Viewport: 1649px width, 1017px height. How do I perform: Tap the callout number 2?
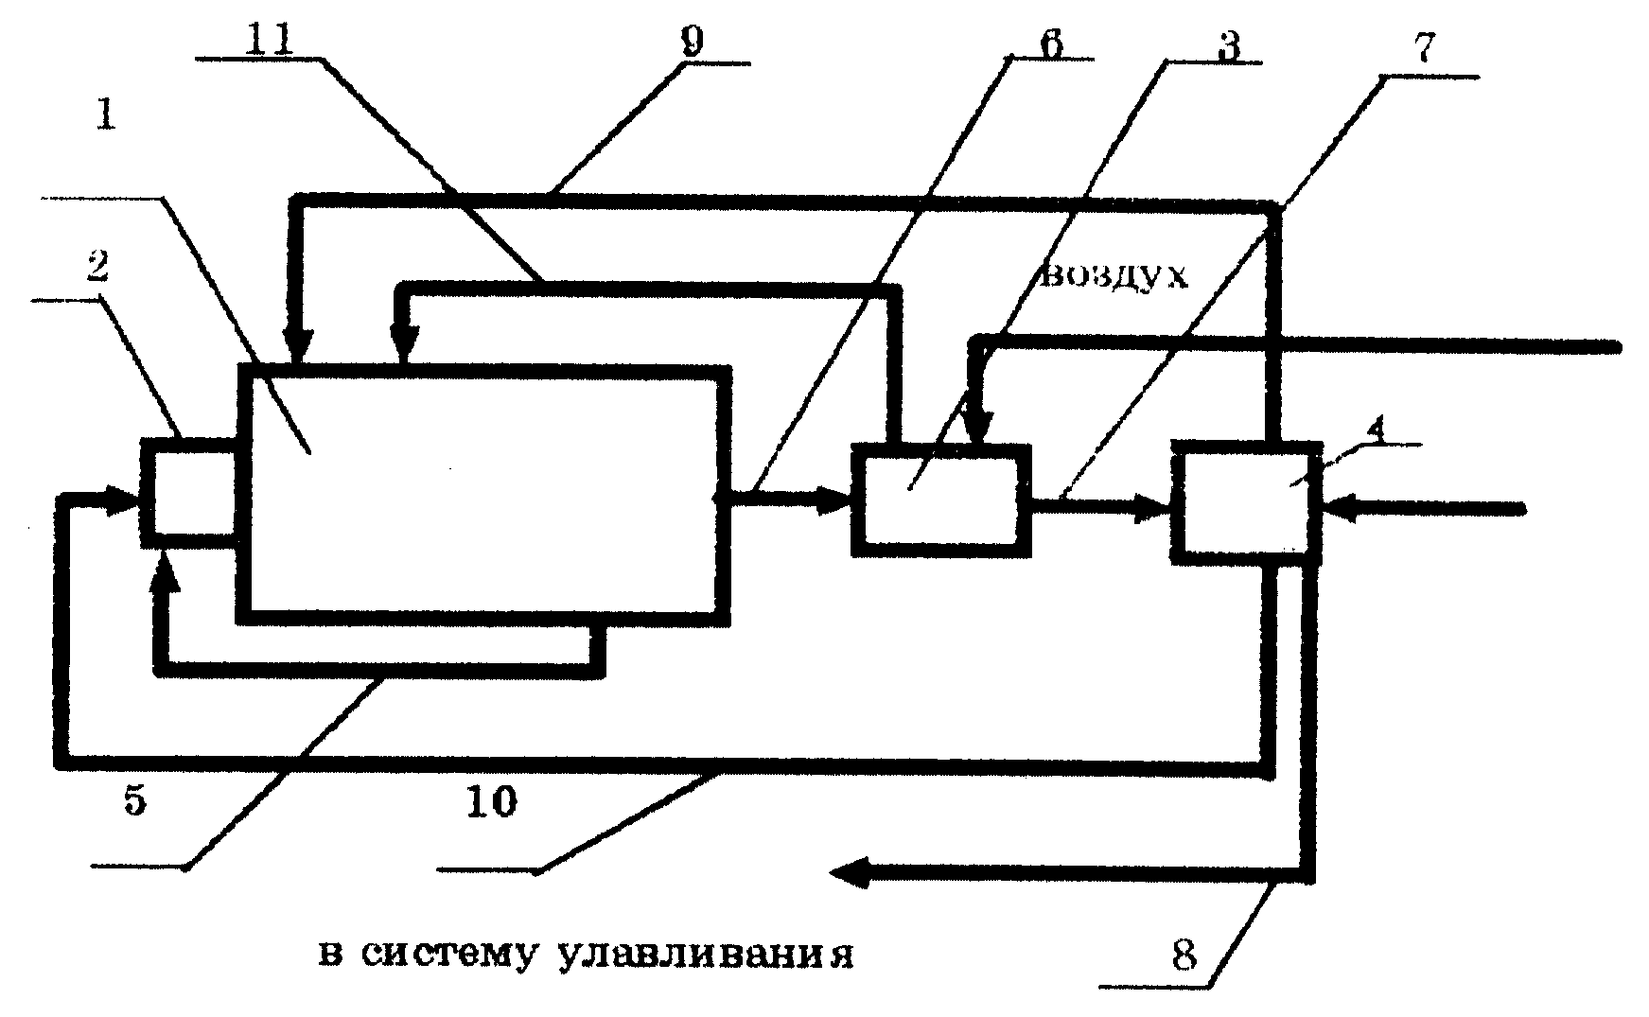(x=97, y=268)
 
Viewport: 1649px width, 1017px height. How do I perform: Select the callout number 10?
(x=492, y=802)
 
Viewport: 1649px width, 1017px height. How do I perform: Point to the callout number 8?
(x=1184, y=956)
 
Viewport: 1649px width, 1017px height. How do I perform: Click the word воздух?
(x=1114, y=276)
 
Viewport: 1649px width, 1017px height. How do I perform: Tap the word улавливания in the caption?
(x=706, y=956)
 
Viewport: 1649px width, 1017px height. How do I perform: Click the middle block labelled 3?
(x=941, y=498)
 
